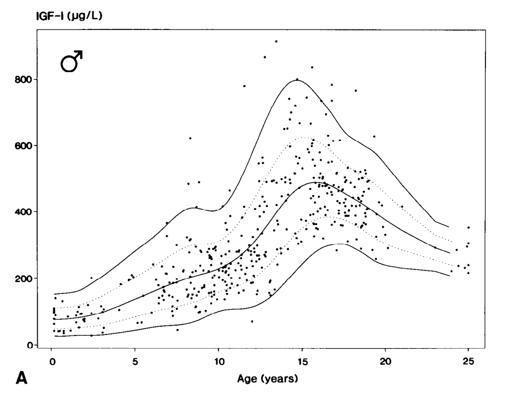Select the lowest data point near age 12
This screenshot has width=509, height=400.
252,321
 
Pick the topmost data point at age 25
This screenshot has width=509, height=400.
468,227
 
